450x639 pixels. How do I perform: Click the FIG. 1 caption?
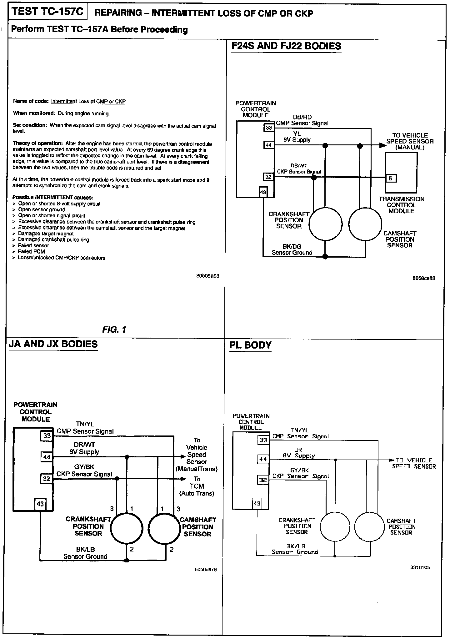click(x=114, y=330)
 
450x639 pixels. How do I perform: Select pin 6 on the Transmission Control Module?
click(x=391, y=178)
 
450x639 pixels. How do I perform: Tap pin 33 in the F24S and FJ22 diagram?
click(x=269, y=128)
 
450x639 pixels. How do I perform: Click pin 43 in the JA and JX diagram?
click(x=40, y=504)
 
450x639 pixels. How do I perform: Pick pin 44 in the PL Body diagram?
click(x=263, y=460)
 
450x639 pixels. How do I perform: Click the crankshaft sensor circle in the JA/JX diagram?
click(x=127, y=529)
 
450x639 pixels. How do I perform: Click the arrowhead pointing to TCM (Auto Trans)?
click(x=183, y=479)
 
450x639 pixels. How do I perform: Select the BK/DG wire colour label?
click(x=292, y=247)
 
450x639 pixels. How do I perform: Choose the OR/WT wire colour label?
click(x=84, y=444)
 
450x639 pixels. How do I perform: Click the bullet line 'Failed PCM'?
click(x=31, y=252)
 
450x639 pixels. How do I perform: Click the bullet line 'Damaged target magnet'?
click(x=46, y=234)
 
